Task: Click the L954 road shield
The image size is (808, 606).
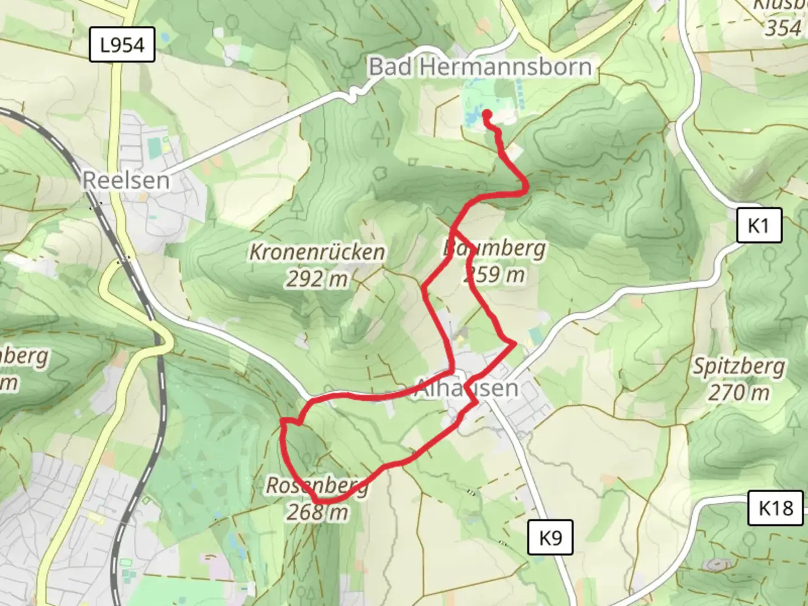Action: coord(122,45)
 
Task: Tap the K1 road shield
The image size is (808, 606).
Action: coord(759,226)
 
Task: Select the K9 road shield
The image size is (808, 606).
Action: coord(550,538)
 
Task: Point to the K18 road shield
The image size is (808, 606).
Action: coord(776,508)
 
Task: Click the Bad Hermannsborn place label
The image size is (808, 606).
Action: coord(480,67)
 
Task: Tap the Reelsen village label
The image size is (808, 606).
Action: coord(126,180)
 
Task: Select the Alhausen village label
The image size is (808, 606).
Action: coord(466,388)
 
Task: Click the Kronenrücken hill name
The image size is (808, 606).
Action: coord(317,252)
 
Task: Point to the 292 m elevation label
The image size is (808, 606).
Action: coord(317,278)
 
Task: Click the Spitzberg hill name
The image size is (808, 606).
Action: coord(738,366)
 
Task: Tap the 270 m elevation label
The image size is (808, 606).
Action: coord(738,393)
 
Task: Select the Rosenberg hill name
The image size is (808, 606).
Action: coord(317,485)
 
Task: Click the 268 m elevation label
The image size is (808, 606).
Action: coord(317,512)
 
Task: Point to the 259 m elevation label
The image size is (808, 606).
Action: coord(494,274)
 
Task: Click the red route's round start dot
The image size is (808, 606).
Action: coord(487,114)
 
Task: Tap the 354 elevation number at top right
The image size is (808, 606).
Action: coord(783,27)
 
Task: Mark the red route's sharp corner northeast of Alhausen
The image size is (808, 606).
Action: coord(513,343)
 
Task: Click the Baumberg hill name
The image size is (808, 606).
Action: coord(494,247)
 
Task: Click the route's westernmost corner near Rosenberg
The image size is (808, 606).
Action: coord(283,421)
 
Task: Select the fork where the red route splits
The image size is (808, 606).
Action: coord(453,229)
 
